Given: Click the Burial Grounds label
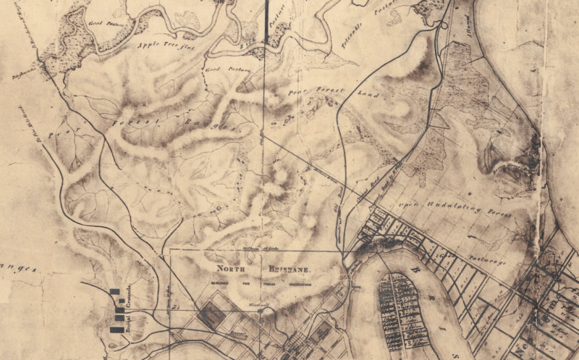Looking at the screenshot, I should pos(128,311).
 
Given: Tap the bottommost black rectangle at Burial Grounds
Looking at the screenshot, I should pos(116,330).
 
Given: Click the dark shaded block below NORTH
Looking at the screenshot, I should pos(211,313).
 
